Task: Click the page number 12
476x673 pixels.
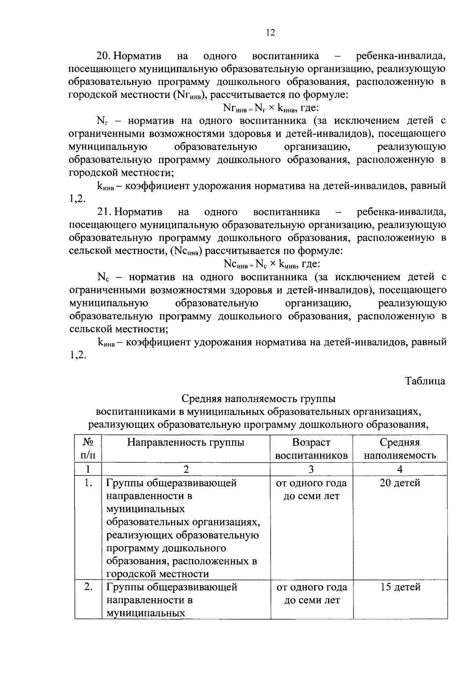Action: click(x=270, y=33)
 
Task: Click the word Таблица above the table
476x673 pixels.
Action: click(x=425, y=381)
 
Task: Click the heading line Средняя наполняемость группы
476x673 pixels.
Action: click(x=258, y=398)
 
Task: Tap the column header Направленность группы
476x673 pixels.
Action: click(x=186, y=442)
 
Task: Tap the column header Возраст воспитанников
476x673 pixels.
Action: click(x=311, y=449)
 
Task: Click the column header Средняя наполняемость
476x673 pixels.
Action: click(x=400, y=449)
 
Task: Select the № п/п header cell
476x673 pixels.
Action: click(x=88, y=449)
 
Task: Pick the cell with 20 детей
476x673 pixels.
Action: click(x=400, y=483)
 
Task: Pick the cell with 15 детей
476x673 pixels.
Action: click(x=400, y=587)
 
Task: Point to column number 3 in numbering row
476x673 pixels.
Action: click(x=311, y=469)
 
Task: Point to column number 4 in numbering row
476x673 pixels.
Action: click(x=400, y=469)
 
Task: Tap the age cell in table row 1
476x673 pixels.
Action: click(x=311, y=490)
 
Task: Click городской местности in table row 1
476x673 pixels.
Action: click(x=157, y=574)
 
